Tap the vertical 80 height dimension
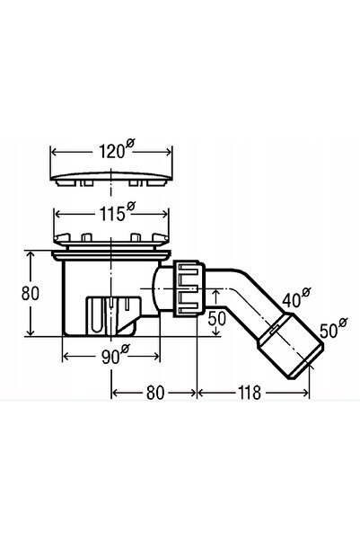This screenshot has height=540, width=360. (x=31, y=294)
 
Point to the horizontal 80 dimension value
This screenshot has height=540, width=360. (x=155, y=393)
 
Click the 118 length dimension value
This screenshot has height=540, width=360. (x=250, y=393)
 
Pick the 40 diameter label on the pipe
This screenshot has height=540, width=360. (x=296, y=297)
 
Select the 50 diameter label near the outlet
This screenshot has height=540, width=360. (x=333, y=328)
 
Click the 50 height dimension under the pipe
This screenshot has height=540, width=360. (x=217, y=318)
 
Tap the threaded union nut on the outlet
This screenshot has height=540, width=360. (x=189, y=288)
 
